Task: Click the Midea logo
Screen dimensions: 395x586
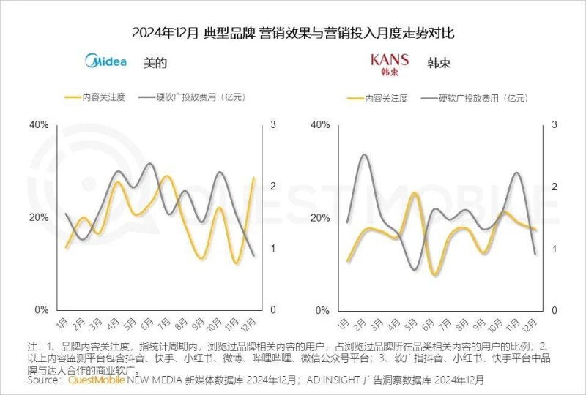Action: pyautogui.click(x=106, y=61)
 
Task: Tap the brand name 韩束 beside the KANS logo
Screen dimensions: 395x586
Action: pyautogui.click(x=439, y=63)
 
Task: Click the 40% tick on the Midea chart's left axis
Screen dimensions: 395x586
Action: pyautogui.click(x=38, y=125)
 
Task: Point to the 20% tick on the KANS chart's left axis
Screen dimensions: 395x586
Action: pyautogui.click(x=321, y=218)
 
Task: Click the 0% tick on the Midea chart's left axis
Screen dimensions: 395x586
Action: pyautogui.click(x=41, y=310)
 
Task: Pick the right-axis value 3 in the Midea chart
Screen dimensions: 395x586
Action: pyautogui.click(x=273, y=125)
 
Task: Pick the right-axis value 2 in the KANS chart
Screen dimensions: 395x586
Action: pyautogui.click(x=555, y=187)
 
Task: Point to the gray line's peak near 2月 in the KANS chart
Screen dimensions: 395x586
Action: pyautogui.click(x=362, y=155)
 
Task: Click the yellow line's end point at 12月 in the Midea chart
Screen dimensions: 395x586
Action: pyautogui.click(x=254, y=178)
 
